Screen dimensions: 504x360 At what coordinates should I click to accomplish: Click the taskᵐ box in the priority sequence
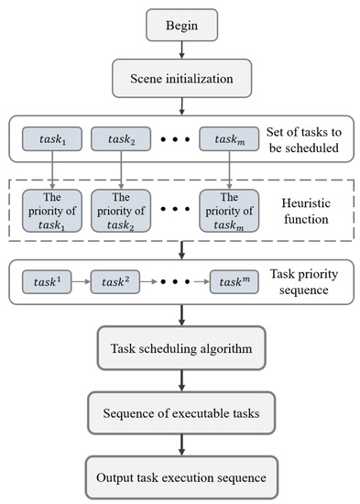click(x=229, y=280)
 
